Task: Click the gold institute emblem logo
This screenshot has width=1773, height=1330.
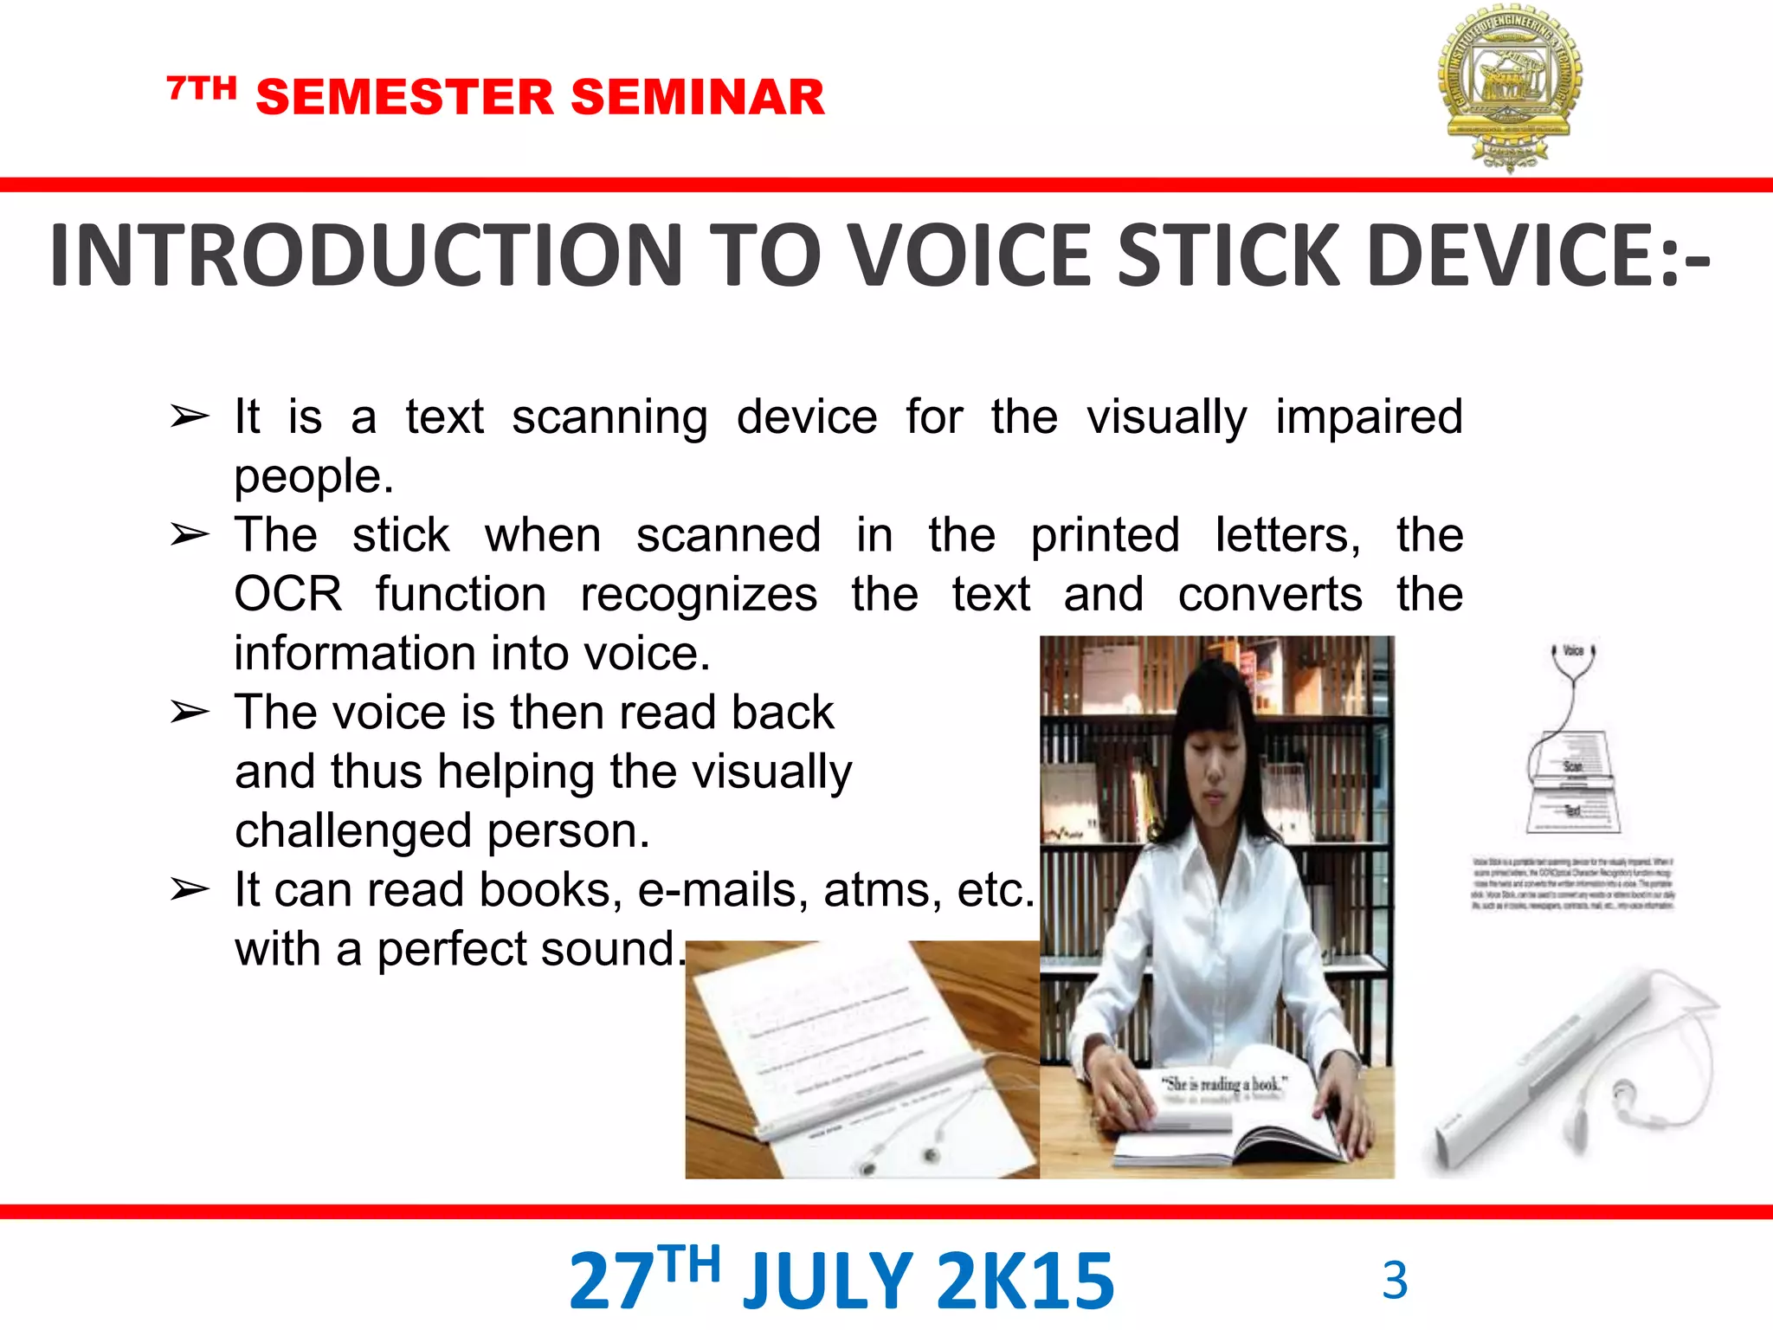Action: pyautogui.click(x=1510, y=87)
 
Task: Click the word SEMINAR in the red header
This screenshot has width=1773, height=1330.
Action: pyautogui.click(x=698, y=97)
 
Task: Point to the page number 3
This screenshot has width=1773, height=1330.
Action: pyautogui.click(x=1395, y=1280)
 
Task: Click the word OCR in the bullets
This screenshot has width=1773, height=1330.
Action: pyautogui.click(x=288, y=595)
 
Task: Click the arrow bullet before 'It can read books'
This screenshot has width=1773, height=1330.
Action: pyautogui.click(x=190, y=889)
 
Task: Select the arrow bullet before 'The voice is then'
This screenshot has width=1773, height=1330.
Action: pyautogui.click(x=190, y=712)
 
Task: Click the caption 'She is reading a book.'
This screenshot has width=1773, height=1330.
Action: pyautogui.click(x=1223, y=1084)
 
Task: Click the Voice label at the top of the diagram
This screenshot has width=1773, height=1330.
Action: pyautogui.click(x=1573, y=651)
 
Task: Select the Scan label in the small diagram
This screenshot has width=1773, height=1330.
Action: pyautogui.click(x=1572, y=766)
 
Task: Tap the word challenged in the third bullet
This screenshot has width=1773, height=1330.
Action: pyautogui.click(x=353, y=831)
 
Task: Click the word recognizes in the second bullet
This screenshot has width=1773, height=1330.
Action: pyautogui.click(x=698, y=595)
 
